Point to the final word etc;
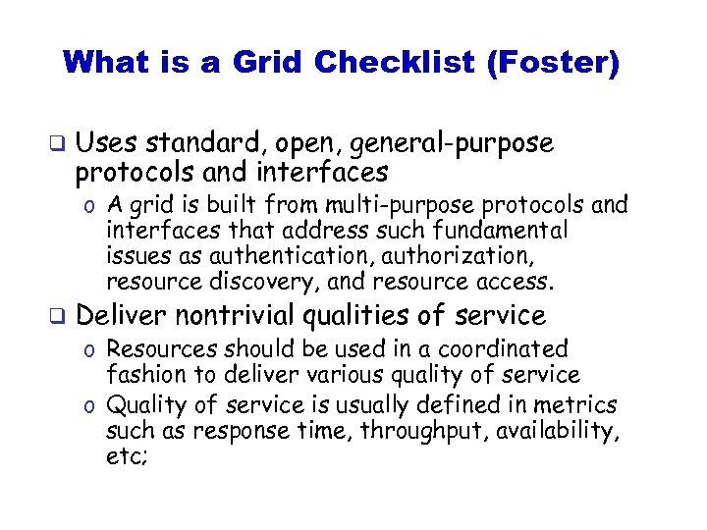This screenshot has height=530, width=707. pos(127,455)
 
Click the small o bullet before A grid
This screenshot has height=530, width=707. pos(88,206)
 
